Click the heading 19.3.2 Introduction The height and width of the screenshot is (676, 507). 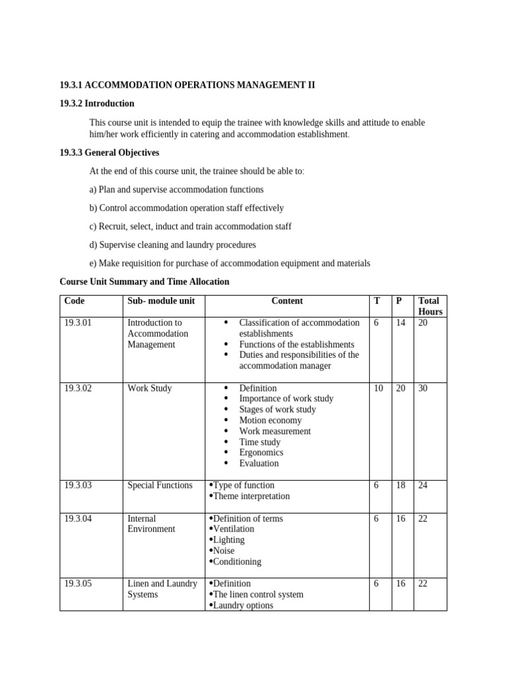point(96,104)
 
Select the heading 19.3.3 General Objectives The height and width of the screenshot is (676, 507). point(109,152)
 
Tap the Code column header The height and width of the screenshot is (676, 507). point(75,301)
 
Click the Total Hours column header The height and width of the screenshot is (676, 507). point(430,306)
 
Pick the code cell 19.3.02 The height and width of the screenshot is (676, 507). point(78,388)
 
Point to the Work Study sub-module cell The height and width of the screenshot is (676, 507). point(149,388)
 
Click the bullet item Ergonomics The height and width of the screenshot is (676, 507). point(261,452)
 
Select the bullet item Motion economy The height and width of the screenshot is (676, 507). point(270,421)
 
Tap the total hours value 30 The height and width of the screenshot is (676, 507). point(423,388)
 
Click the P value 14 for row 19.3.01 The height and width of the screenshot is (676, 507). point(401,323)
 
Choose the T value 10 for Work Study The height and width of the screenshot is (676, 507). point(378,388)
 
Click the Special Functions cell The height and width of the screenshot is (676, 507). point(160,485)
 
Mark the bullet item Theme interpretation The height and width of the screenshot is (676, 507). point(251,496)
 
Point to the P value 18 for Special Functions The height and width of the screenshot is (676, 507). point(401,485)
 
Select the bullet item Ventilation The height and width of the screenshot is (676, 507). point(233,529)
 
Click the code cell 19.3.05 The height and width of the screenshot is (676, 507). point(78,584)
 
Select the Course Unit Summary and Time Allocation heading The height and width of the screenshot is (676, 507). point(145,282)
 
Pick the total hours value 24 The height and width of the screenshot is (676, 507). point(423,485)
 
